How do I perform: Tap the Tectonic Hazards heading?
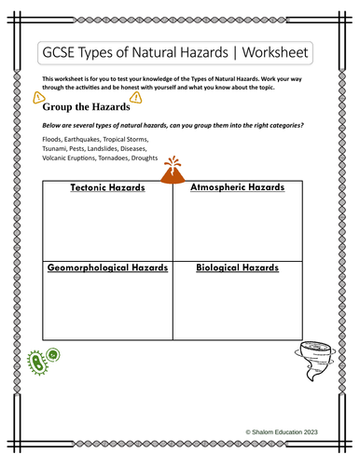click(x=107, y=188)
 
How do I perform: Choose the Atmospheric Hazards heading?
click(x=236, y=188)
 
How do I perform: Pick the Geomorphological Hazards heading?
click(x=107, y=267)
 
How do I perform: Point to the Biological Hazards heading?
click(x=237, y=267)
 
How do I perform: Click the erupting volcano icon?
click(x=172, y=169)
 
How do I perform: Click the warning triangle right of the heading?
click(x=137, y=96)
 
